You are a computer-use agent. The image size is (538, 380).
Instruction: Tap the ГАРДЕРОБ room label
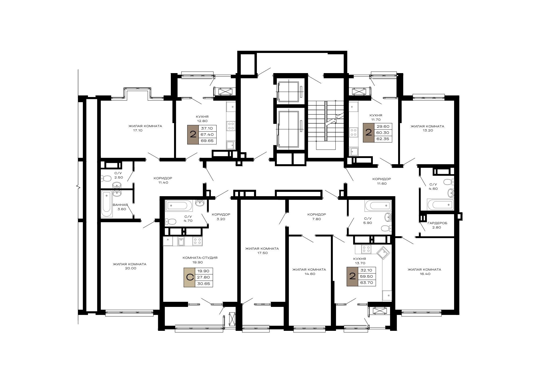tap(437, 223)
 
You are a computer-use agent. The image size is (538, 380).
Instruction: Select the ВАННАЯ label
tap(120, 205)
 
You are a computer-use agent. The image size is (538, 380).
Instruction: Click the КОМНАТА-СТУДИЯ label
tap(200, 258)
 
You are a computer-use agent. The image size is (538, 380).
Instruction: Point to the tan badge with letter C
tap(190, 277)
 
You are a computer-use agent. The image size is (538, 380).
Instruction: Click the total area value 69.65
tap(207, 141)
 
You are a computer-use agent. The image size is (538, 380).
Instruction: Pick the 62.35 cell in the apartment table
tap(383, 139)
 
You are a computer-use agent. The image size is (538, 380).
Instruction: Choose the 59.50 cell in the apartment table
tap(366, 276)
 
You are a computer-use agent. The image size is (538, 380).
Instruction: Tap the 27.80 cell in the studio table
tap(204, 277)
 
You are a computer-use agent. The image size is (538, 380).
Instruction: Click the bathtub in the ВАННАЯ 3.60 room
tap(107, 204)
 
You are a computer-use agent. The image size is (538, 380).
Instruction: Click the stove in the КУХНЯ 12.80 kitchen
tap(231, 126)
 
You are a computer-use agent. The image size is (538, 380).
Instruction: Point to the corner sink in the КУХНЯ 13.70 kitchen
tap(383, 253)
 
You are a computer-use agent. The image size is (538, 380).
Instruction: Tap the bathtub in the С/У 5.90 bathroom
tap(378, 206)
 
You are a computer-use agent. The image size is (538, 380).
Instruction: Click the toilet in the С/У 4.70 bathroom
tap(171, 221)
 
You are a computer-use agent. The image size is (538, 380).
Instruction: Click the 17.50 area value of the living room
tap(262, 253)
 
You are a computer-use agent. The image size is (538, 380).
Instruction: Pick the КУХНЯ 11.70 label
tap(376, 117)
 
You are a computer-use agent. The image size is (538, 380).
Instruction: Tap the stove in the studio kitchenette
tap(197, 241)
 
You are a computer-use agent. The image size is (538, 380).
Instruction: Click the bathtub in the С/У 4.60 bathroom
tap(440, 205)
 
